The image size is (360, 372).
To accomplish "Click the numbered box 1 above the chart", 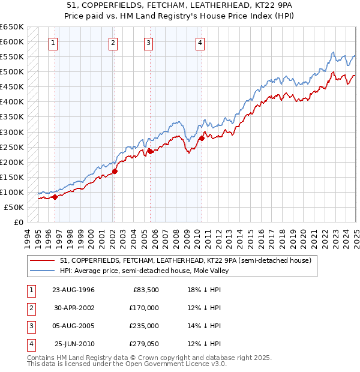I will click(x=54, y=43).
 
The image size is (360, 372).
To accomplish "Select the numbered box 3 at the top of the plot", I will click(x=148, y=43).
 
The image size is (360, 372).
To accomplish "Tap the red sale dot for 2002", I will click(x=115, y=171).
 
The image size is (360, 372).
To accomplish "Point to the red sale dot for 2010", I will click(x=202, y=139).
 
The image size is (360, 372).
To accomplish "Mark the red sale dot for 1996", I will click(x=55, y=197).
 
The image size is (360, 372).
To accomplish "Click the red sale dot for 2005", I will click(x=150, y=151).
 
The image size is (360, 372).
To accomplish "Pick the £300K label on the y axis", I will click(x=12, y=132).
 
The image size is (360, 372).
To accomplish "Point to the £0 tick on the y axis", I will click(x=19, y=222).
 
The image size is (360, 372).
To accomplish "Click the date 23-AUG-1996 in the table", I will click(x=73, y=290).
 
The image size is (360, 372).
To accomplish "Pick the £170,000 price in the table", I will click(x=144, y=308).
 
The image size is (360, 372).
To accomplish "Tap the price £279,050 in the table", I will click(x=144, y=344).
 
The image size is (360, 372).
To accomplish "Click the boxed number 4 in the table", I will click(x=29, y=344).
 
